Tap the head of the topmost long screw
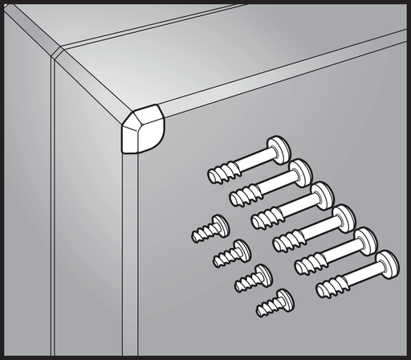(x=279, y=148)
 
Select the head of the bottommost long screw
(x=387, y=262)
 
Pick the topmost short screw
(x=210, y=229)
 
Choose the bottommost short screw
(x=274, y=303)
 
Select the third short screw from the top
(x=252, y=278)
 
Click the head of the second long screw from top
(x=301, y=170)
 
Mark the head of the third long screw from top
(x=323, y=193)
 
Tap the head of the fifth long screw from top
(x=366, y=239)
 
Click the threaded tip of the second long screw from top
(x=240, y=195)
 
